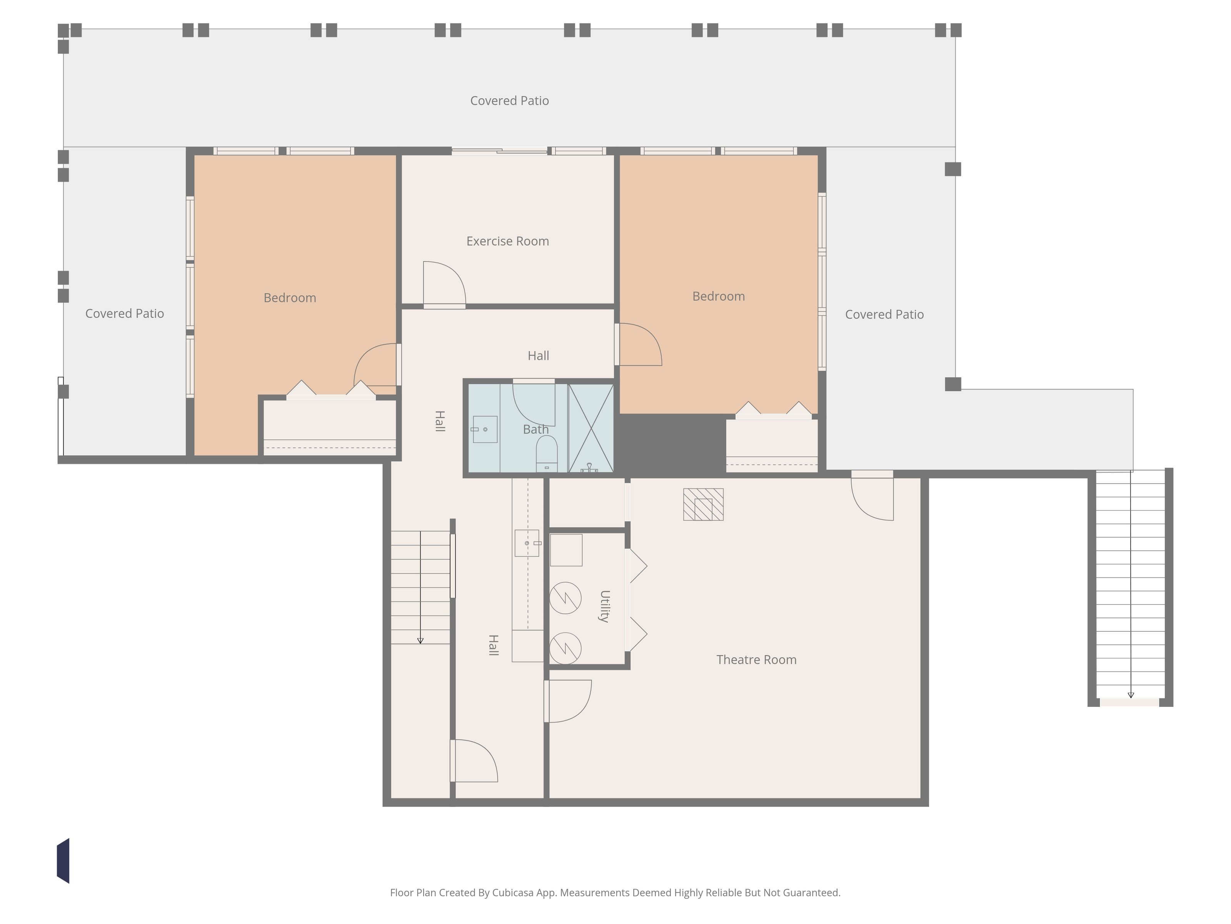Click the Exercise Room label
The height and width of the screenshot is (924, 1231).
[507, 241]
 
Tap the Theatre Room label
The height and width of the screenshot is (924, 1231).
[756, 660]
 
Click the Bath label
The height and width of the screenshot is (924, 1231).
[536, 429]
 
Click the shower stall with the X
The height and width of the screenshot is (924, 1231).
[591, 428]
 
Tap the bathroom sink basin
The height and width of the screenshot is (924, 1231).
[485, 429]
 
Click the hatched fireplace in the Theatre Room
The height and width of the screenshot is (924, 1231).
[704, 505]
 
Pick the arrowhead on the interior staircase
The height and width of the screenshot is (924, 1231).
[420, 641]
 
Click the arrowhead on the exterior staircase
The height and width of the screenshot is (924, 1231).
[1131, 695]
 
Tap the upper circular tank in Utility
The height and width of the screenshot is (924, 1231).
[565, 598]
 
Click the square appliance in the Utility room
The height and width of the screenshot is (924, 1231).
[566, 550]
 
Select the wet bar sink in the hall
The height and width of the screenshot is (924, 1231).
[527, 543]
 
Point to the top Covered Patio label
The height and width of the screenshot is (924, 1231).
[510, 101]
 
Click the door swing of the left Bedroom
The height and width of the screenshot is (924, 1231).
[375, 365]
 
